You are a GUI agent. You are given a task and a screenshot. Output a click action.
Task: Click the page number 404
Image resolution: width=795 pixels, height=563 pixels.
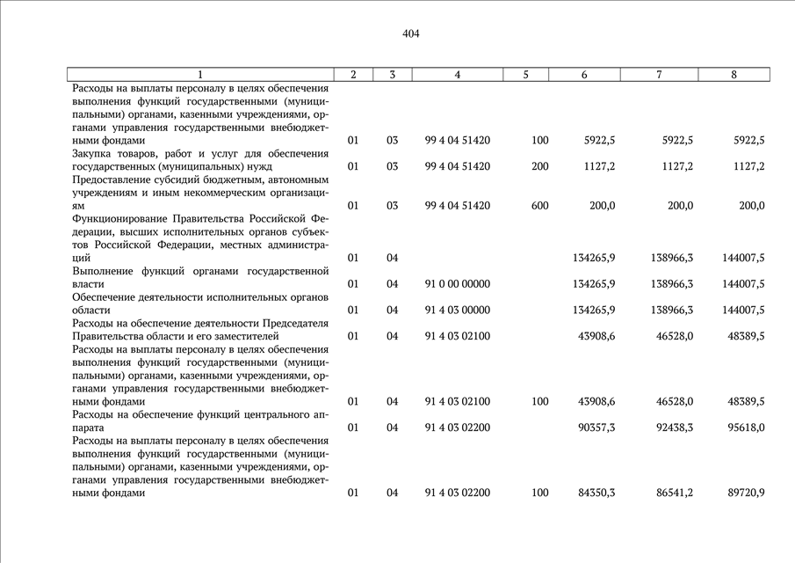coord(411,34)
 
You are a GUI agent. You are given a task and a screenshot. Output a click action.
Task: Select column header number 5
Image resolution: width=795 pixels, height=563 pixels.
coord(525,75)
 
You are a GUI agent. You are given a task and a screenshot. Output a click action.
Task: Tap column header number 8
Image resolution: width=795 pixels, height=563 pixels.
coord(734,75)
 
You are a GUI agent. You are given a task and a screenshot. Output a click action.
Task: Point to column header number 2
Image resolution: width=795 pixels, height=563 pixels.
coord(353,75)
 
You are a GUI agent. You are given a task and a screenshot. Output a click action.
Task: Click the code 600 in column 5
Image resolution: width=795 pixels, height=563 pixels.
coord(539,206)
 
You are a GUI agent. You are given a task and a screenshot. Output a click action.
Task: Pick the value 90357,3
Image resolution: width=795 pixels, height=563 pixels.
coord(596,428)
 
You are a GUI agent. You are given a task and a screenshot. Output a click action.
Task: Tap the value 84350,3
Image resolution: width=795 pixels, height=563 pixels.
coord(596,494)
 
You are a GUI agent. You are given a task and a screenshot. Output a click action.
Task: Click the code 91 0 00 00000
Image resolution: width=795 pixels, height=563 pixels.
coord(457,284)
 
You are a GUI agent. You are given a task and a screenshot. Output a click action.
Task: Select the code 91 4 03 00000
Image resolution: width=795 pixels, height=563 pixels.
coord(457,311)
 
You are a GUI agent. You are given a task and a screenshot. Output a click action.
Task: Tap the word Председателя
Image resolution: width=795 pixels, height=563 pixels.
coord(295,324)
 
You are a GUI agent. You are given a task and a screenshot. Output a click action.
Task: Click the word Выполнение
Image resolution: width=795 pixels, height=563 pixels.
coord(105,272)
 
